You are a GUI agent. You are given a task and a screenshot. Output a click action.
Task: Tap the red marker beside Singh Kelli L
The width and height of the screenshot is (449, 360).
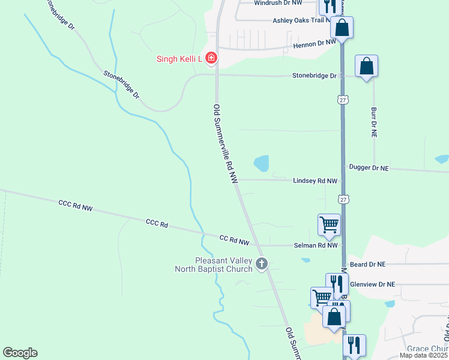point(211,58)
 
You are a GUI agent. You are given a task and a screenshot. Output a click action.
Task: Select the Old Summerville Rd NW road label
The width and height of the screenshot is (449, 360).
point(226,144)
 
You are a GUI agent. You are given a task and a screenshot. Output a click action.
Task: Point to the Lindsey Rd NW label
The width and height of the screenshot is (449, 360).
point(315,181)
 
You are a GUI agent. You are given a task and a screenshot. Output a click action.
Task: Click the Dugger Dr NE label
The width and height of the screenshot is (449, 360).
point(368,169)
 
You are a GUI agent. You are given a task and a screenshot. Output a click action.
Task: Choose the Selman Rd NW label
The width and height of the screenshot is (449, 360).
point(316,245)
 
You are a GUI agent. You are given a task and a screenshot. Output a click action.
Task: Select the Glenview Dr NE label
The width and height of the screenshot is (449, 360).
point(373,284)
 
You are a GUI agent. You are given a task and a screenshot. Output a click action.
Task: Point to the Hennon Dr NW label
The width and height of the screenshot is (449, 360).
point(314,44)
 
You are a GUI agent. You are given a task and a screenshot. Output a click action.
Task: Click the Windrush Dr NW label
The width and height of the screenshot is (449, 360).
point(278,3)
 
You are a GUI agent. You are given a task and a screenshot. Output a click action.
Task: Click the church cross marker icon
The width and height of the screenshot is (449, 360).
point(261,263)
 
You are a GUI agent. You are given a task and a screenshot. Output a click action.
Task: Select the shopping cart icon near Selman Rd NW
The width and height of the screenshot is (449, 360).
point(329,224)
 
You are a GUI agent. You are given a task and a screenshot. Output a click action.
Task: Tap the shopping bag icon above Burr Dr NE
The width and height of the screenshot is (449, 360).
point(366,65)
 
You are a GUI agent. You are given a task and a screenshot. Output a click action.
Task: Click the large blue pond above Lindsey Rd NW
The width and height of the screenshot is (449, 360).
point(261,163)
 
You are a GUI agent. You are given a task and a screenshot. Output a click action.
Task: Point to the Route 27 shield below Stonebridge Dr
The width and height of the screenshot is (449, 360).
point(342,99)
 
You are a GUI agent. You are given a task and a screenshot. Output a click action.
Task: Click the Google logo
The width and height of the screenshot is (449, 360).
point(20,353)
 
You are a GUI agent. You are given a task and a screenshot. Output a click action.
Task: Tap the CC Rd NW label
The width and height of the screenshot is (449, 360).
point(234,241)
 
